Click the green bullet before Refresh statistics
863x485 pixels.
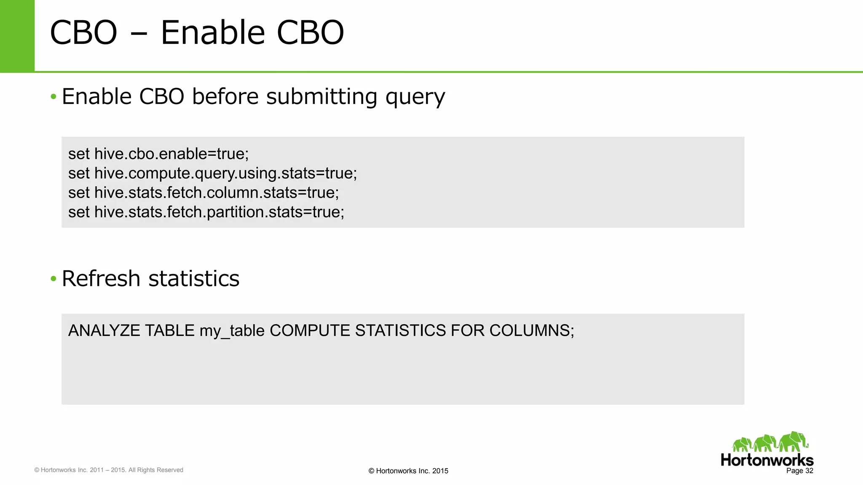coord(53,279)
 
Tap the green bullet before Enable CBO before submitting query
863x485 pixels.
coord(53,97)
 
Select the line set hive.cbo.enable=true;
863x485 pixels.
coord(158,154)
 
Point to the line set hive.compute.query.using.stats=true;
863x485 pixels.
coord(212,173)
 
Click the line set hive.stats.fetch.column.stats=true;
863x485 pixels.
coord(204,193)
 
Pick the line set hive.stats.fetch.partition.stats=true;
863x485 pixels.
coord(206,212)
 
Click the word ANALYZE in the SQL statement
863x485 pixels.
coord(104,331)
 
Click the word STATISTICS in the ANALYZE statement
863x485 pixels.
coord(400,331)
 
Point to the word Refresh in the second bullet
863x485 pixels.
coord(101,279)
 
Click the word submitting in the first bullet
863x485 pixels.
coord(322,97)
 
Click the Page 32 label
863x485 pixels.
coord(799,471)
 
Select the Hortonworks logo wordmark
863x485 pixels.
coord(767,460)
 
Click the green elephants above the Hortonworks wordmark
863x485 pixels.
coord(770,442)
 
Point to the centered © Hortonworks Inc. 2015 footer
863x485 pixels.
coord(408,471)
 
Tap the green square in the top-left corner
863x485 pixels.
coord(17,36)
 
